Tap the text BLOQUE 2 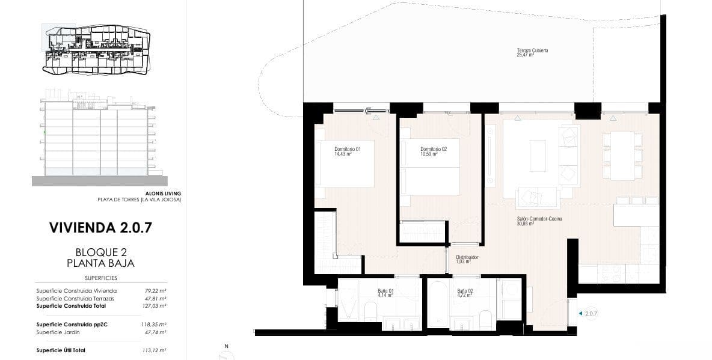pyautogui.click(x=101, y=252)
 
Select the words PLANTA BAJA pyautogui.click(x=101, y=263)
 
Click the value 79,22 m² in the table pyautogui.click(x=157, y=291)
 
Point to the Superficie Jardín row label pyautogui.click(x=58, y=332)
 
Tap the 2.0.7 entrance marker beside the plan pyautogui.click(x=590, y=313)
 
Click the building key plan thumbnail pyautogui.click(x=96, y=49)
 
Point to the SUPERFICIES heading pyautogui.click(x=101, y=278)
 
